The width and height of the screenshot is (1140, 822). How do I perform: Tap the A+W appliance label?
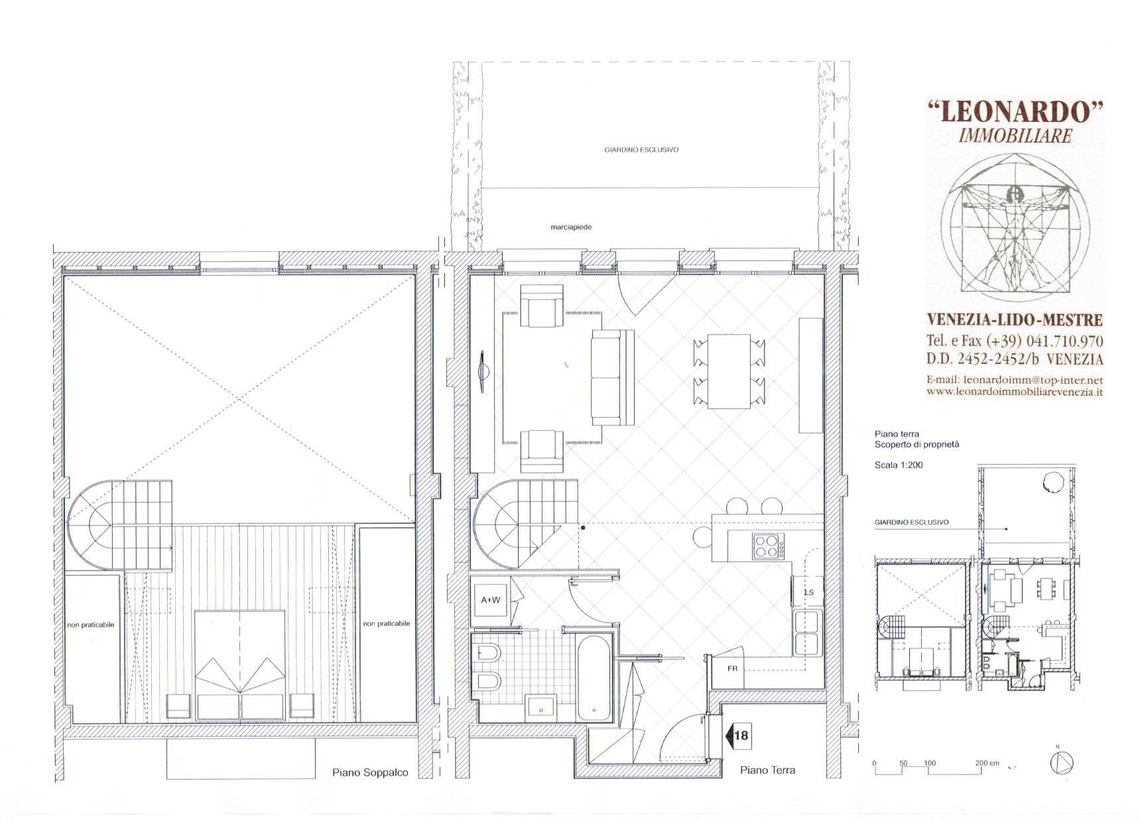tap(491, 600)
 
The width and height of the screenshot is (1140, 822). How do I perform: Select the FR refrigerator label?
tap(732, 669)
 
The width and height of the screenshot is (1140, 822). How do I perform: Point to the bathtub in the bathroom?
tap(595, 678)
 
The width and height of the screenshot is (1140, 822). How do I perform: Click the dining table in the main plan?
tap(729, 372)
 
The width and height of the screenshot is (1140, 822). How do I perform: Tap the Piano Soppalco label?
tap(370, 772)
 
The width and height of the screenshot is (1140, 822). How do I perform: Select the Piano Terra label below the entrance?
tap(767, 770)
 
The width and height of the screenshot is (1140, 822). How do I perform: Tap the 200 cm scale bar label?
tap(987, 763)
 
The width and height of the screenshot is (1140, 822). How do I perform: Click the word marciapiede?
tap(570, 227)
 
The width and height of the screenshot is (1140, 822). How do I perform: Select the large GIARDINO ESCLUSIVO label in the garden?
tap(641, 150)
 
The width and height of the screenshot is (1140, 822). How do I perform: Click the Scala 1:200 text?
tap(899, 465)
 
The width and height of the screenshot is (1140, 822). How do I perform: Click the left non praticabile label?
tap(91, 624)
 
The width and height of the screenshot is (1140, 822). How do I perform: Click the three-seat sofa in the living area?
tap(613, 378)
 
